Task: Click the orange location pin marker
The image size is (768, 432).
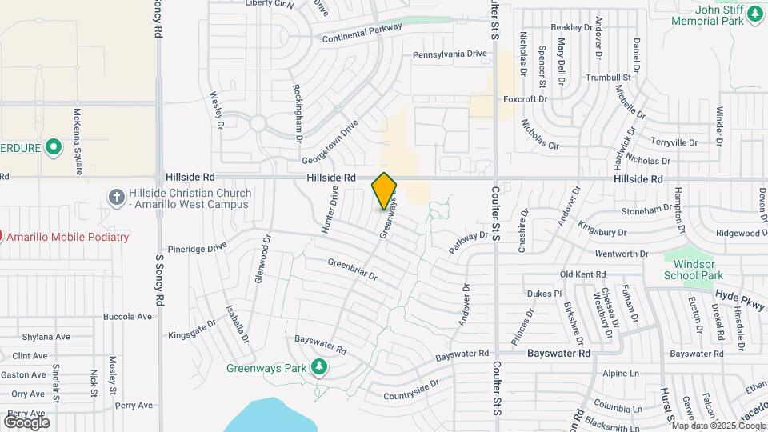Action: tap(384, 191)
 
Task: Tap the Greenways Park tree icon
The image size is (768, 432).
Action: tap(319, 366)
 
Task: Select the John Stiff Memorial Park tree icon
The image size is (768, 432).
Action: tap(753, 14)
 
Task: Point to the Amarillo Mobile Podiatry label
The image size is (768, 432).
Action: tap(66, 237)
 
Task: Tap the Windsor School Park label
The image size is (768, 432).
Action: tap(693, 270)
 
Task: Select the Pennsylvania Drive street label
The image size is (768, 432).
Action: tap(450, 54)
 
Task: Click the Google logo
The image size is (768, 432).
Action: tap(26, 422)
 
